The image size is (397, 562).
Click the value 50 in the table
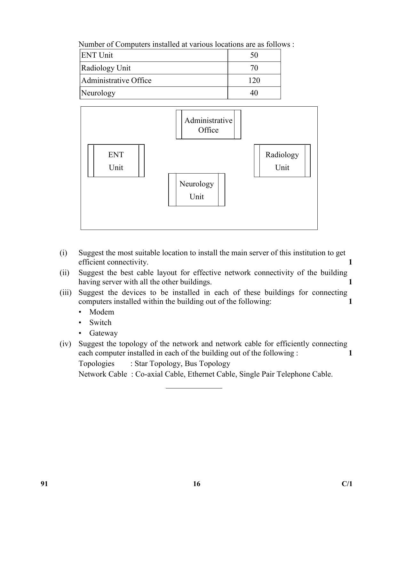tap(254, 55)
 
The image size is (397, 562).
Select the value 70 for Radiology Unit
tap(254, 68)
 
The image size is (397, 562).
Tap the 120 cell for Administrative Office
tap(254, 80)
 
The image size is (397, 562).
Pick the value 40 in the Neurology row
tap(254, 93)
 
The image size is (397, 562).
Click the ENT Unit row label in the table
tap(97, 55)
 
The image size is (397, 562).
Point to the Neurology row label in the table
tap(98, 93)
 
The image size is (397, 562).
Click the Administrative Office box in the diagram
tap(208, 125)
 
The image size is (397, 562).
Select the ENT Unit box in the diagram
tap(116, 161)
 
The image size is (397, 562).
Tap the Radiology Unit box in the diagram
tap(282, 161)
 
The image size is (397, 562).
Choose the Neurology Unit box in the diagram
tap(196, 190)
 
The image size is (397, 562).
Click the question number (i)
tap(63, 253)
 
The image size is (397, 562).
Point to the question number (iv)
tap(65, 344)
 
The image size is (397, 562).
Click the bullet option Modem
tap(102, 312)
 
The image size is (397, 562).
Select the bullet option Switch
tap(100, 322)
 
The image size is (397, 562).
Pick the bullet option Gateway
tap(103, 333)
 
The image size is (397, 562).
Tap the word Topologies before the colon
tap(96, 363)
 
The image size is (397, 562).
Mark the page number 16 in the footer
tap(196, 484)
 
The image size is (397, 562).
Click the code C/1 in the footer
tap(347, 484)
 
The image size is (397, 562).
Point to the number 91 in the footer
tap(44, 484)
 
